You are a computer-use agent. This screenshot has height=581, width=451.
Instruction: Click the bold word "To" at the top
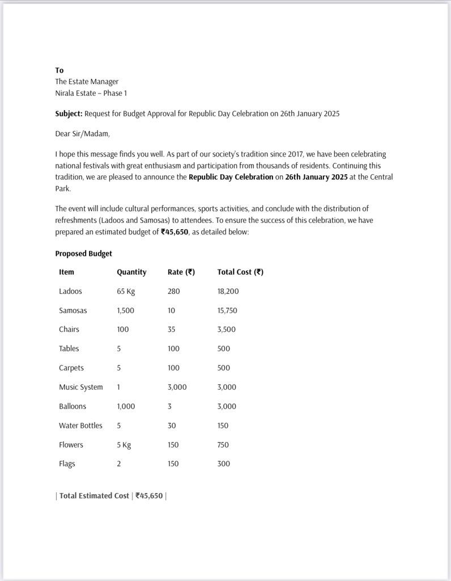point(59,70)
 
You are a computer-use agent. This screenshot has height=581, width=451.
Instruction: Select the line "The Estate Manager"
point(87,82)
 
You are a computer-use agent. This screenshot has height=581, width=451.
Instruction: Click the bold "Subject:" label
point(69,113)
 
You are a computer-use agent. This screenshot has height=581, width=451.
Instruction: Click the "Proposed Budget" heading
point(83,254)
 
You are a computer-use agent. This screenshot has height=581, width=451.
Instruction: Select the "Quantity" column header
point(131,272)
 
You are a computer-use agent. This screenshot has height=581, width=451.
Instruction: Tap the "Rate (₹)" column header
point(181,272)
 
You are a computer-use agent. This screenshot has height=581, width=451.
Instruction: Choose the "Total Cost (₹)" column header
point(240,272)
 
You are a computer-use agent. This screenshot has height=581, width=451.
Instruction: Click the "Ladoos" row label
point(70,292)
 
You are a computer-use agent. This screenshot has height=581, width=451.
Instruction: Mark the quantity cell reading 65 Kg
point(126,292)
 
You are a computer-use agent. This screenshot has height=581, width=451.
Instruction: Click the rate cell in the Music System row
point(177,388)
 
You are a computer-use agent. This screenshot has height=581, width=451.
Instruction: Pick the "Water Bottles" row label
point(80,426)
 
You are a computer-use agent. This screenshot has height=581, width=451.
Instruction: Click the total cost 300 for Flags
point(224,464)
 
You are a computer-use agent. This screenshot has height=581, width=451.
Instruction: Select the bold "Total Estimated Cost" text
point(94,496)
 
